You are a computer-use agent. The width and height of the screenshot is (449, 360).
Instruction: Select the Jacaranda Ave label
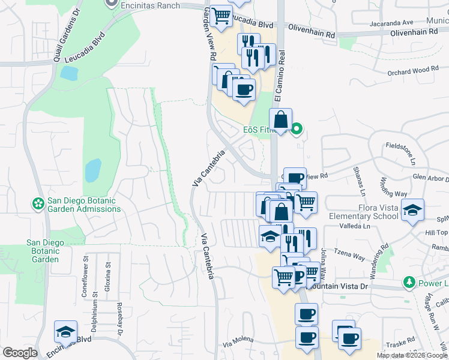(x=391, y=23)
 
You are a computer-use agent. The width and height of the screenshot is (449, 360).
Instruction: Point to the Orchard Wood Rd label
(x=413, y=71)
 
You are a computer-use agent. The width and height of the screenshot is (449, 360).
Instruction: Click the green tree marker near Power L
(x=409, y=282)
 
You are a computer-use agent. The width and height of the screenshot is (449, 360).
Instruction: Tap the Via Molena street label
(x=238, y=344)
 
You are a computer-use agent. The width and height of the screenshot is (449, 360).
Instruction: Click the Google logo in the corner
(x=20, y=353)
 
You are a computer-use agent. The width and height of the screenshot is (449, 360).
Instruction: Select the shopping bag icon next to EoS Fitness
(x=281, y=119)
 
